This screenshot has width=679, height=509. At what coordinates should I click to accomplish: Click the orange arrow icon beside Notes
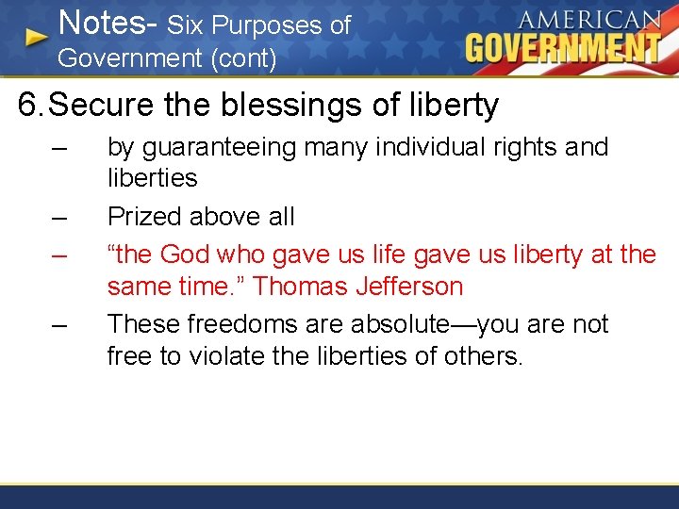[36, 37]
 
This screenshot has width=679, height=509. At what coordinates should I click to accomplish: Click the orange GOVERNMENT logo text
[563, 47]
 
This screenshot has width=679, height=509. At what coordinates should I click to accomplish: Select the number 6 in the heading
[28, 105]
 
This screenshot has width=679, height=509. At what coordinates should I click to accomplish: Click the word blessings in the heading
[306, 106]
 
